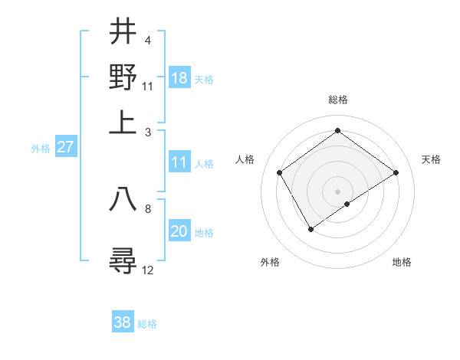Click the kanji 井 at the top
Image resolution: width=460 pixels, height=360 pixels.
[123, 32]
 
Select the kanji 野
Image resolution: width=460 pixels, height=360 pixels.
[123, 77]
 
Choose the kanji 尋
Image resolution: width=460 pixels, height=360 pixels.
[123, 261]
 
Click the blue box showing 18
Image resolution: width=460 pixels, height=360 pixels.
[179, 78]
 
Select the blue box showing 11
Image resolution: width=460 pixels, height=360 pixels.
[179, 162]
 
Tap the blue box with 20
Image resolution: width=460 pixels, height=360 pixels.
[179, 232]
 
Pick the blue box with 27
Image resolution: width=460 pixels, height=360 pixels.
[65, 148]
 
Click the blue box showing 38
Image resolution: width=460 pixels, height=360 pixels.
[123, 322]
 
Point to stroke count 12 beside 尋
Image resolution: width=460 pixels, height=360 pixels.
[148, 270]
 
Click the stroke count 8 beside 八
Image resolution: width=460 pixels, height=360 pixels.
[148, 208]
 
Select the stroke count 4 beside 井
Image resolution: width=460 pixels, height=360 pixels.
[147, 39]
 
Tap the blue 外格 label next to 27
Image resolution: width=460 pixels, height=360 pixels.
[41, 149]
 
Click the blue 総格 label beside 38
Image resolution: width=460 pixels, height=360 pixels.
[147, 324]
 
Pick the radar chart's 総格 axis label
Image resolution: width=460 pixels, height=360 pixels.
[337, 100]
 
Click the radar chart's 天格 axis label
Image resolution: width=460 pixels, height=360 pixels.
[431, 159]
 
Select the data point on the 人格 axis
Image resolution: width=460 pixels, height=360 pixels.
[280, 172]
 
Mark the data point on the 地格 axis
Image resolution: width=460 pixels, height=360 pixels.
[347, 204]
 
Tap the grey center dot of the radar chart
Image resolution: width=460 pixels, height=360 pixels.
[337, 191]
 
